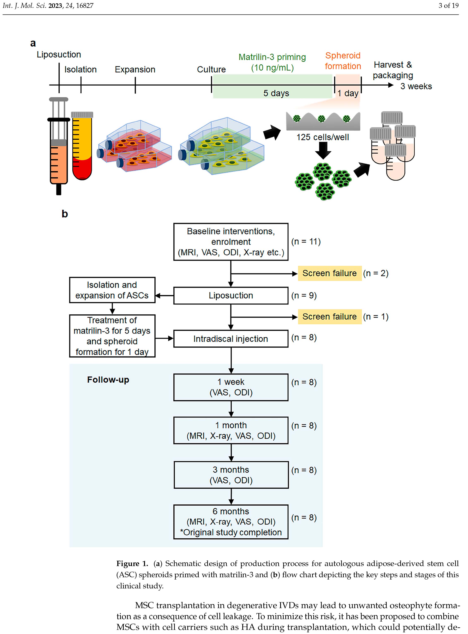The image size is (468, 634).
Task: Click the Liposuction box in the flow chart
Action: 231,295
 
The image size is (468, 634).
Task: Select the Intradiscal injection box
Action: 231,339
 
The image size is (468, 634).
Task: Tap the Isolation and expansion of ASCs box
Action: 112,290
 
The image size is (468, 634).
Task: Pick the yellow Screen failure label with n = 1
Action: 329,316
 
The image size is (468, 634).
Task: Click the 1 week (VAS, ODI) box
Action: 231,387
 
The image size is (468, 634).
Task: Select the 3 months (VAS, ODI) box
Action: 231,475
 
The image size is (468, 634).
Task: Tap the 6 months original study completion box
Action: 231,522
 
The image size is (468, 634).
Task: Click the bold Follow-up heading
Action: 108,380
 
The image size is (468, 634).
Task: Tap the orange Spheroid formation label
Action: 343,61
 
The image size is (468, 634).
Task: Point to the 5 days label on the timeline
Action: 276,93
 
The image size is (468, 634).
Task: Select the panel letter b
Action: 65,214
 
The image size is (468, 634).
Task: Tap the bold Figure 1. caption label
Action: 132,563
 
